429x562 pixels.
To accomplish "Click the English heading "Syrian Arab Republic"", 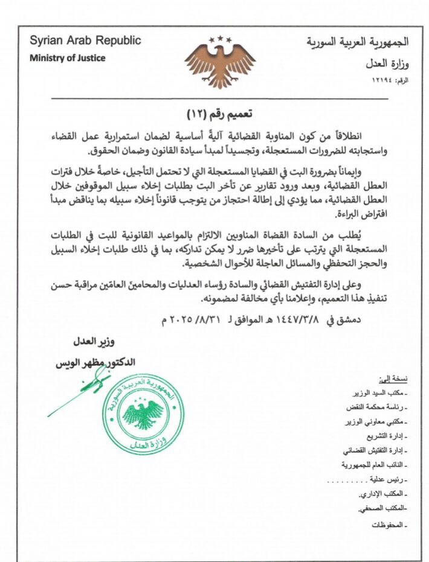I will (x=85, y=41).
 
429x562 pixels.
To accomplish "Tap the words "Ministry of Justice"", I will (x=68, y=58).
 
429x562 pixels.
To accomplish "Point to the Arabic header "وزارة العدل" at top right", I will (x=386, y=63).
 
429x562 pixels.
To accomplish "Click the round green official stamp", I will (x=143, y=415).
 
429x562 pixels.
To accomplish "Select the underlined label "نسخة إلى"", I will (x=393, y=379).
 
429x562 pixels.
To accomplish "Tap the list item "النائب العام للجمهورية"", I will (x=376, y=465).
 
